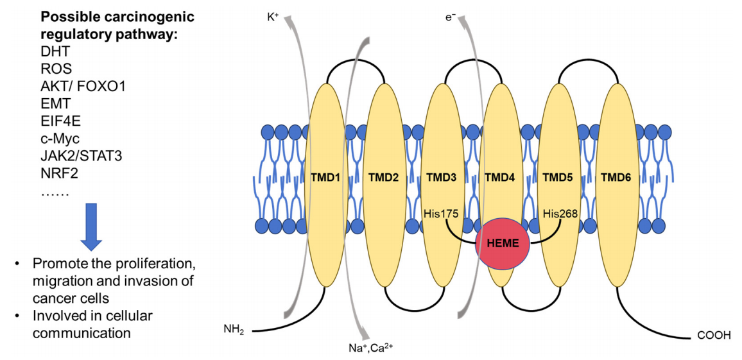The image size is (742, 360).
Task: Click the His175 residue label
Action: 441,214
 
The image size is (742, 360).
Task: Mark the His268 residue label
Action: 560,214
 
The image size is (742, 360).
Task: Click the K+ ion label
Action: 273,17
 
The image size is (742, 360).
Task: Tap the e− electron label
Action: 451,17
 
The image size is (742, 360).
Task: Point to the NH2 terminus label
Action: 234,330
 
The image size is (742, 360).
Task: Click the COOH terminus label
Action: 712,335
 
